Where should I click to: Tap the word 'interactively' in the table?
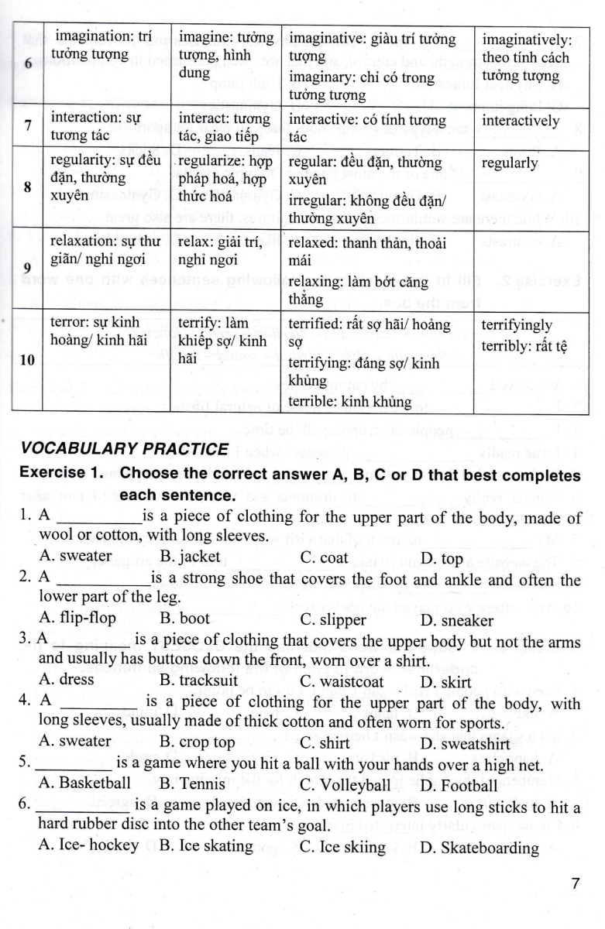(x=520, y=121)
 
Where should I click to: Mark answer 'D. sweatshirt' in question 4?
(x=462, y=743)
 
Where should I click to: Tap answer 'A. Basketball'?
(x=84, y=783)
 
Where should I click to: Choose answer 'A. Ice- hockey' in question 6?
(x=88, y=845)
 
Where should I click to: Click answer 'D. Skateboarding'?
(x=480, y=847)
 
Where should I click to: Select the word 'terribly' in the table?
(x=507, y=345)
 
